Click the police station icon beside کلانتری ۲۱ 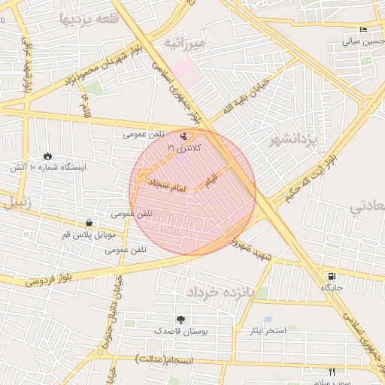(x=185, y=136)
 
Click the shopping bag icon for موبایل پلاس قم (x=89, y=223)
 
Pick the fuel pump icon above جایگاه (x=332, y=276)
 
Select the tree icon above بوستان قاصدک (x=180, y=319)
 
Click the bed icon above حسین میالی (x=364, y=30)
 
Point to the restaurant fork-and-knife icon (x=332, y=371)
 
